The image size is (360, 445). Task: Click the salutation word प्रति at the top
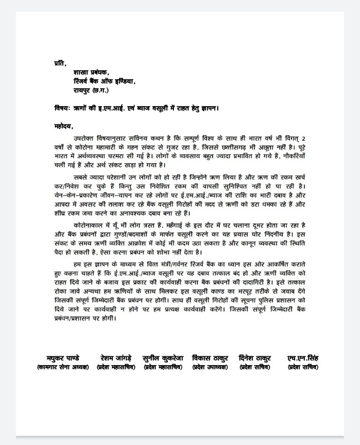[60, 63]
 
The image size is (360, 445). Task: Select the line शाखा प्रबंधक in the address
[91, 72]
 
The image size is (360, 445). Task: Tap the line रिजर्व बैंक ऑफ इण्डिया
[104, 81]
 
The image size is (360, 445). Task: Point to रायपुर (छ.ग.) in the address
[91, 90]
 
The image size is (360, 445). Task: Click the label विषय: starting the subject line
[62, 108]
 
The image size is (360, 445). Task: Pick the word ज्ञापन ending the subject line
[209, 108]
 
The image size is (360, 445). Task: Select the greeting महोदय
[64, 126]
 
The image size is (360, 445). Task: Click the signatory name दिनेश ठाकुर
[254, 358]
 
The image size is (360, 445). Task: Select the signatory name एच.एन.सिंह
[303, 358]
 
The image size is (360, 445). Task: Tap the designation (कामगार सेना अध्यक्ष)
[63, 367]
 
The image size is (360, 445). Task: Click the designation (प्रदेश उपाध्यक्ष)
[210, 367]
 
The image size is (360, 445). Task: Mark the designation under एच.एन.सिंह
[303, 367]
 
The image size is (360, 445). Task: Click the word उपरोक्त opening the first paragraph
[85, 139]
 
